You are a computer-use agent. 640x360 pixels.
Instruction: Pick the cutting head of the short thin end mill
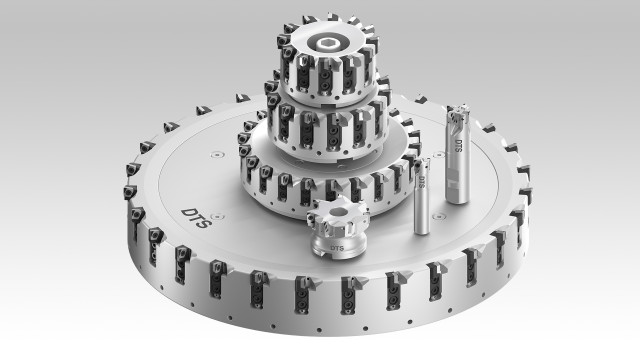[x=422, y=162]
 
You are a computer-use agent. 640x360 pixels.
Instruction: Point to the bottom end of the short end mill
[x=422, y=230]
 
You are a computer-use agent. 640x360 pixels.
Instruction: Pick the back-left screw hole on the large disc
[x=213, y=155]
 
